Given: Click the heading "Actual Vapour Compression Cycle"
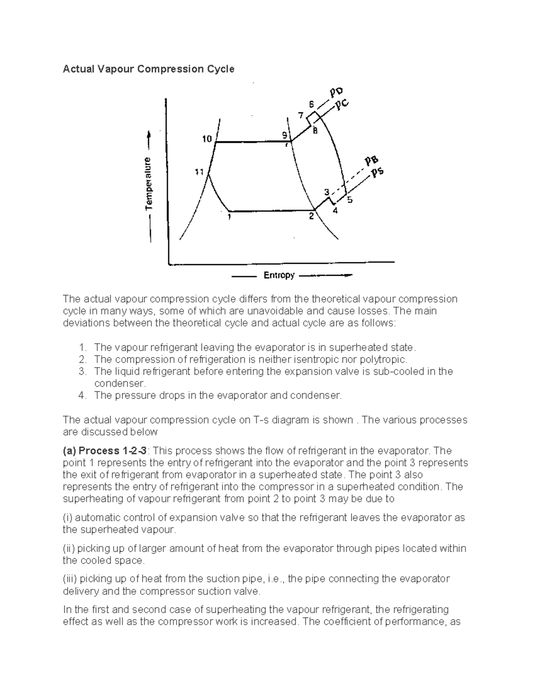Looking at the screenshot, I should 148,69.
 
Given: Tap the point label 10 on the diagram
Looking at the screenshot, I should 207,139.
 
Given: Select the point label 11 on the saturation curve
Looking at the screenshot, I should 199,172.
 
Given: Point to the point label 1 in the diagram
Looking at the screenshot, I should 229,217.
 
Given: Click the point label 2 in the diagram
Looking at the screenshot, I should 312,216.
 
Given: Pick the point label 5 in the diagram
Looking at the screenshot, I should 350,200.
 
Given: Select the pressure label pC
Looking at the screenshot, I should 342,105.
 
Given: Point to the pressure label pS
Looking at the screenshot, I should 378,173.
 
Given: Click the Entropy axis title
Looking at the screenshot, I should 279,275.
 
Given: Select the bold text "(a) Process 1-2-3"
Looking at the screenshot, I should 107,450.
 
